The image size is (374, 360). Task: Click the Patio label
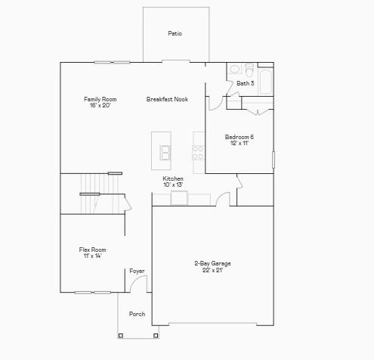click(x=175, y=33)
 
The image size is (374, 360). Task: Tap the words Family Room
click(x=100, y=99)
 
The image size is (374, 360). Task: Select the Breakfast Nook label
click(x=167, y=99)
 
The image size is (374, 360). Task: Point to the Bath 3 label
click(x=245, y=83)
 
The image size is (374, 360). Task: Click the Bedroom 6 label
click(x=239, y=136)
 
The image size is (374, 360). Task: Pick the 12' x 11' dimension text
click(x=239, y=142)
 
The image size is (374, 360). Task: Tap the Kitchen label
click(x=173, y=178)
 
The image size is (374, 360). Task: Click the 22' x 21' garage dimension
click(x=212, y=269)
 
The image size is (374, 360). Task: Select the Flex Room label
click(x=92, y=250)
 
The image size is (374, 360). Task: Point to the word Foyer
click(x=137, y=271)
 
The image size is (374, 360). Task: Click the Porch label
click(x=137, y=314)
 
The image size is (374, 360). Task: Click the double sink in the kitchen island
click(x=164, y=153)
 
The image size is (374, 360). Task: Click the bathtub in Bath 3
click(x=265, y=83)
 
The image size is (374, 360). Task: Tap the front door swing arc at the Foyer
click(x=138, y=284)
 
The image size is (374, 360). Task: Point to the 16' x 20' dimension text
click(x=100, y=105)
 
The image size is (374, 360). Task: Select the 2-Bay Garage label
click(x=212, y=263)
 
